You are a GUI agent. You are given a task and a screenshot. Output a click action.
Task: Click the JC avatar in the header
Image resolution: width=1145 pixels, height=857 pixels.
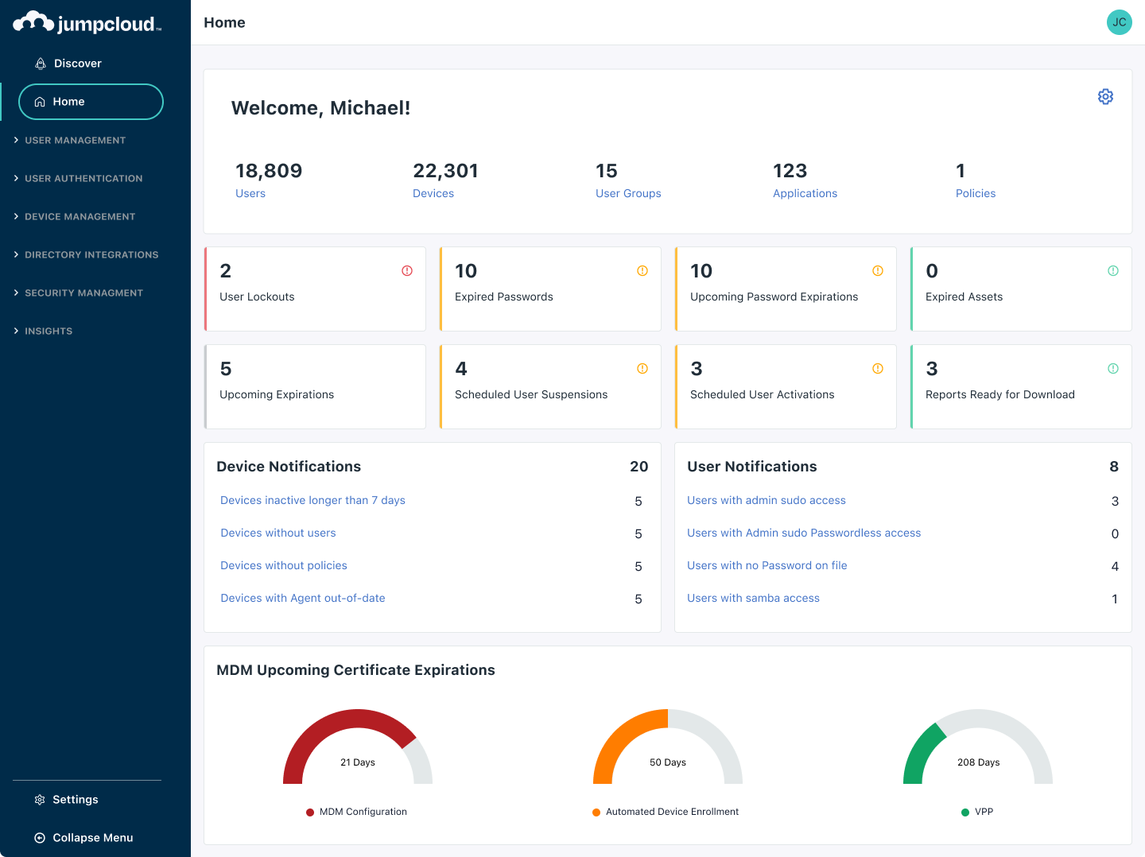click(1119, 22)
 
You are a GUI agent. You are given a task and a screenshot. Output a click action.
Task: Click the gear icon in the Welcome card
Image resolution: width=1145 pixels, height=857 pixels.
click(1105, 96)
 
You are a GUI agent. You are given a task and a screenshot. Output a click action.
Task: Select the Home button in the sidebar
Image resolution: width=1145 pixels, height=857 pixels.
click(91, 102)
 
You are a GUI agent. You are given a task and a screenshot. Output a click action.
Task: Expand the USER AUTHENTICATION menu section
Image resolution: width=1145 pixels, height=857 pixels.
click(83, 178)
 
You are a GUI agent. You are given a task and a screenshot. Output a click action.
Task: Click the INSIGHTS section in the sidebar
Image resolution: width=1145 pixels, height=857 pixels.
click(48, 331)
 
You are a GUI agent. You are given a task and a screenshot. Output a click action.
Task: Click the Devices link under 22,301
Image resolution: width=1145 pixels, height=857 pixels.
click(433, 193)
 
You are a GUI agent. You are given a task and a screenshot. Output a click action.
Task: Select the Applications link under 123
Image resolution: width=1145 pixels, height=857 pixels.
click(805, 193)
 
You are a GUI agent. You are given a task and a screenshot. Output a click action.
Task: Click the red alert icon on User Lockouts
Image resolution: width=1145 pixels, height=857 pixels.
click(407, 271)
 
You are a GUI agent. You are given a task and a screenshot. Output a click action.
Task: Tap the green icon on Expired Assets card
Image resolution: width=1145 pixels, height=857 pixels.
click(1113, 271)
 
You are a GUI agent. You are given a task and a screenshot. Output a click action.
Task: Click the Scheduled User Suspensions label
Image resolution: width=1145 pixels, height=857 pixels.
click(531, 394)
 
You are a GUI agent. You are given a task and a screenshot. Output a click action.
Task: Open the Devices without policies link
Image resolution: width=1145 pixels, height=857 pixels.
click(284, 565)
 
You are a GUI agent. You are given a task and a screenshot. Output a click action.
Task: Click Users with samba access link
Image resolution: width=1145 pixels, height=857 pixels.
click(753, 598)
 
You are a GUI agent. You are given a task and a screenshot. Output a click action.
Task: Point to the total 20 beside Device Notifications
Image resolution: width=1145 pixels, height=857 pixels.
click(638, 467)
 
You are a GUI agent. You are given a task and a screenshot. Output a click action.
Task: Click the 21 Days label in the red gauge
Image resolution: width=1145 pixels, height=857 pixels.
click(358, 762)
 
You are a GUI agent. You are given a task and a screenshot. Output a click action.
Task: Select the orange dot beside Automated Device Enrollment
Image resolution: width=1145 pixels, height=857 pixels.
click(596, 812)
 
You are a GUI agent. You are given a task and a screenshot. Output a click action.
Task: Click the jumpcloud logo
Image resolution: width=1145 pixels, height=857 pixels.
click(87, 23)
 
